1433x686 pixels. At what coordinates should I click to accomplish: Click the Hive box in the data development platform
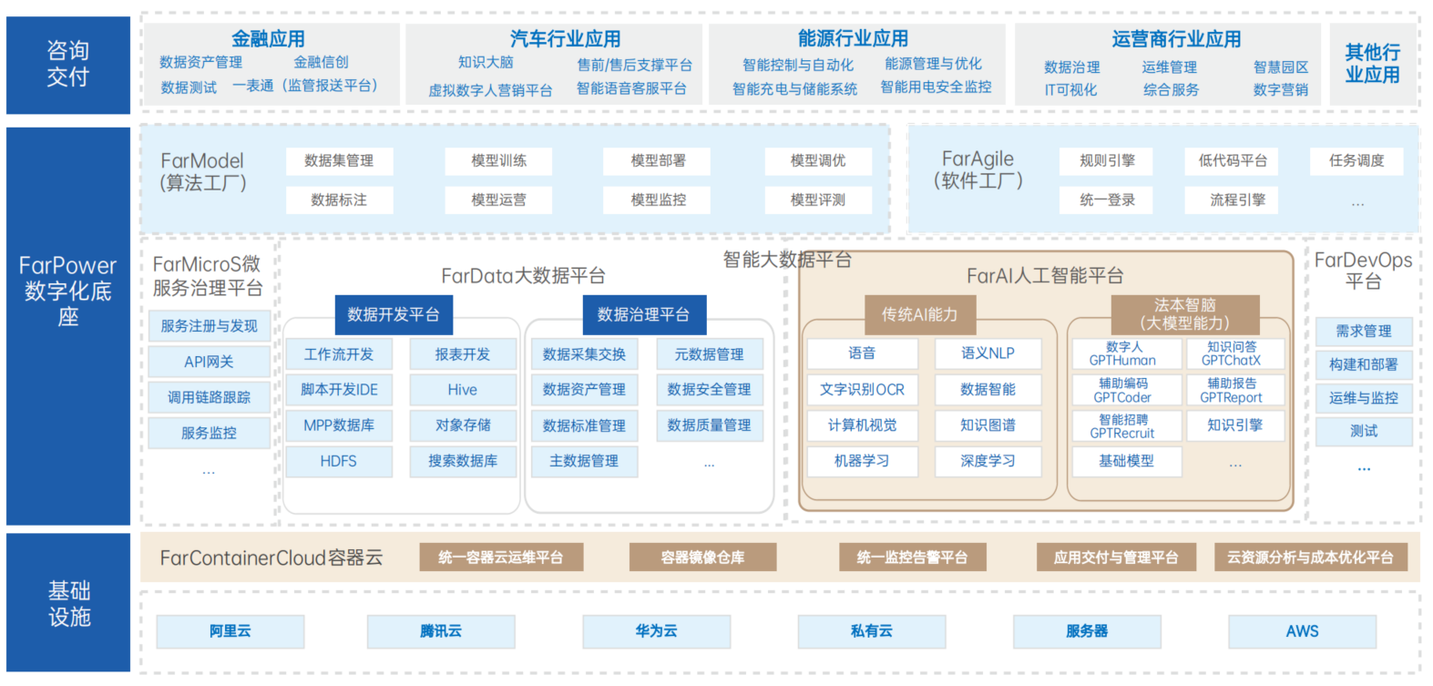pos(462,390)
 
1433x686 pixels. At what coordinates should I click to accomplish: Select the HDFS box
pos(338,462)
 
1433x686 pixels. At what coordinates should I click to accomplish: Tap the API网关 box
pos(209,362)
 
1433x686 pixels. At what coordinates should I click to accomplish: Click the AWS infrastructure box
pos(1302,631)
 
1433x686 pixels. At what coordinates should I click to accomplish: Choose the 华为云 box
pos(656,631)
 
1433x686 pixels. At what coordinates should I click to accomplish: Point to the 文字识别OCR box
pos(862,390)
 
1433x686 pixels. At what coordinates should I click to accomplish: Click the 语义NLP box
pos(988,353)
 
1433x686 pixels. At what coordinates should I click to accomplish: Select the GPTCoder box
pos(1122,391)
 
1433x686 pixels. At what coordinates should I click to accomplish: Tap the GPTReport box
pos(1231,391)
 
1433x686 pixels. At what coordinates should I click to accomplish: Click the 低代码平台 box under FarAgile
pos(1233,161)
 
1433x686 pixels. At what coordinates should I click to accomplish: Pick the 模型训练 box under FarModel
pos(498,161)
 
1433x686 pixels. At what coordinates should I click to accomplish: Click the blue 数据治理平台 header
pos(643,315)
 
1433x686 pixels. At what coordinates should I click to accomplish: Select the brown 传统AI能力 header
pos(919,315)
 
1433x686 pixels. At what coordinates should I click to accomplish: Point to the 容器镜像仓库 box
pos(702,558)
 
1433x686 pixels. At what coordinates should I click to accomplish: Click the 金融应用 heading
pos(268,39)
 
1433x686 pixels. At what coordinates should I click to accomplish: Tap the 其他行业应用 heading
pos(1372,64)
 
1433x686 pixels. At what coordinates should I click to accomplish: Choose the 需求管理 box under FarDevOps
pos(1363,332)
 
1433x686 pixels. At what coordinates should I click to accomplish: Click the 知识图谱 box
pos(988,425)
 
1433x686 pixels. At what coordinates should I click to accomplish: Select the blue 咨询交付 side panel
pos(68,65)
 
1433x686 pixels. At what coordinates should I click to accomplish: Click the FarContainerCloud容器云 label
pos(271,558)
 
